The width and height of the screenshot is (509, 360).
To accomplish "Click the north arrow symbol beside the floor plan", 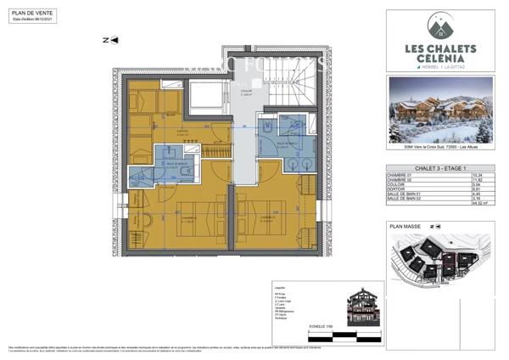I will [106, 40].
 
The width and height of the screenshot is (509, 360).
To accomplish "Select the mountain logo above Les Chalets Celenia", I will [439, 24].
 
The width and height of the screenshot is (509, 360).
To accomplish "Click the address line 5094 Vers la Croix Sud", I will [439, 149].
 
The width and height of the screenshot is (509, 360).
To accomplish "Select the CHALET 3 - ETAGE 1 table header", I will [416, 166].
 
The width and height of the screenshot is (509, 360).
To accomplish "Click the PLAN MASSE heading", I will [406, 228].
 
